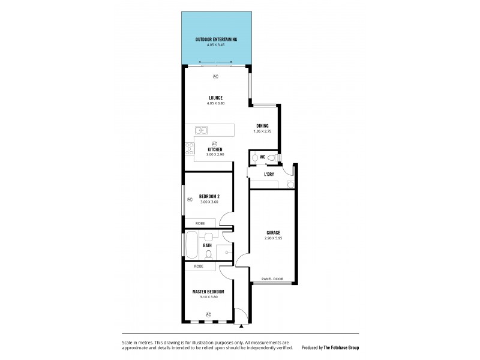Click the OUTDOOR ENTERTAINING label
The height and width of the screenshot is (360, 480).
click(x=216, y=39)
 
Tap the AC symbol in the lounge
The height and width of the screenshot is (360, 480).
click(x=215, y=76)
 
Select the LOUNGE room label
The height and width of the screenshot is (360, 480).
click(x=216, y=97)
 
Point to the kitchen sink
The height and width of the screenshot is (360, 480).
click(x=200, y=129)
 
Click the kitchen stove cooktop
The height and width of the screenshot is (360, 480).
click(x=190, y=148)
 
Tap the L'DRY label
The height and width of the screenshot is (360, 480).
click(x=269, y=175)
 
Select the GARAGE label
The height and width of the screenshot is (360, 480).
click(x=273, y=232)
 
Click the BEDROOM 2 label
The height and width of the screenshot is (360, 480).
click(x=209, y=196)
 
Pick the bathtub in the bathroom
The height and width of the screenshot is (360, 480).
click(x=191, y=245)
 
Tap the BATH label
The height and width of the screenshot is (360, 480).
click(x=207, y=245)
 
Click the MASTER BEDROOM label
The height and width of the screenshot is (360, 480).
click(x=208, y=292)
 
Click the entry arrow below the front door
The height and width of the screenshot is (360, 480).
click(x=241, y=326)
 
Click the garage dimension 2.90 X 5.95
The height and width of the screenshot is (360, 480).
click(x=273, y=238)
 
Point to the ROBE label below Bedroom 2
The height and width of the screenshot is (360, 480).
click(x=199, y=223)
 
